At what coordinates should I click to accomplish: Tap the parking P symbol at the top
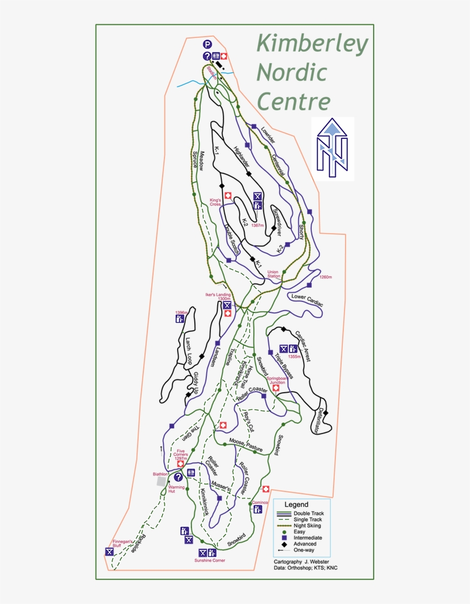click(207, 44)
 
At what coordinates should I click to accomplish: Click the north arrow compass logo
click(333, 148)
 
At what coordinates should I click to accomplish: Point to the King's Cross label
click(216, 202)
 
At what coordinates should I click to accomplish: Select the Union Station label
click(273, 274)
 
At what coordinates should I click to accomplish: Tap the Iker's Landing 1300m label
click(218, 297)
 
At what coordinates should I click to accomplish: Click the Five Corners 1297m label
click(181, 455)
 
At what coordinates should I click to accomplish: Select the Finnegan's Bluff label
click(121, 544)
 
